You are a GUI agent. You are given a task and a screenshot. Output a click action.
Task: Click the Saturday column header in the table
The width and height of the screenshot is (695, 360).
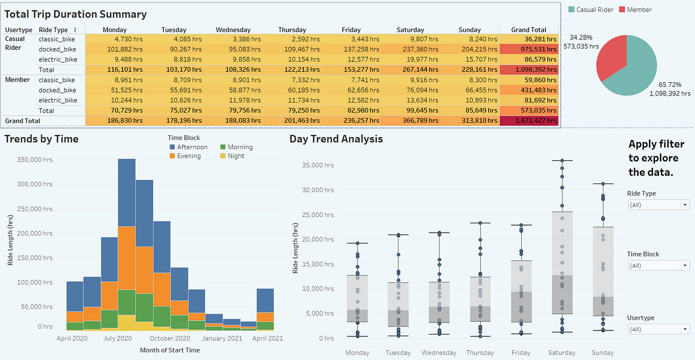coord(410,30)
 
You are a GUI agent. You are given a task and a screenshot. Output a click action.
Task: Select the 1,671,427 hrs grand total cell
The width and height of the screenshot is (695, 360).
coord(529,120)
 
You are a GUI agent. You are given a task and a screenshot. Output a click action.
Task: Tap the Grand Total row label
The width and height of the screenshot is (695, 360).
coord(23,121)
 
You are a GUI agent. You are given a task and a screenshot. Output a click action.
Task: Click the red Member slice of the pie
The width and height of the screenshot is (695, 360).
coord(610,56)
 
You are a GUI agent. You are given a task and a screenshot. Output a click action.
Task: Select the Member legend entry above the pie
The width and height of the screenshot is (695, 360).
coord(635,10)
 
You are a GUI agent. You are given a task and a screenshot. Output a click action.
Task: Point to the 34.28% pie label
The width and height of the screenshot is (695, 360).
coord(581,38)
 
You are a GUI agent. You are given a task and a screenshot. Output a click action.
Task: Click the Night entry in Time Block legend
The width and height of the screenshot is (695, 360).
coord(232,156)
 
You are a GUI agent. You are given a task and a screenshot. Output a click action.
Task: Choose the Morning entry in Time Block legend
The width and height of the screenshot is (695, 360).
coord(236,147)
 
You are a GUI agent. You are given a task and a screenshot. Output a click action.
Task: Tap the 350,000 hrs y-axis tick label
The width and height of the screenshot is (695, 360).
coord(35,160)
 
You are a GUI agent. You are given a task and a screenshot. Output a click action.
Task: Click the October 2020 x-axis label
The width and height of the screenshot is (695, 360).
coord(170,338)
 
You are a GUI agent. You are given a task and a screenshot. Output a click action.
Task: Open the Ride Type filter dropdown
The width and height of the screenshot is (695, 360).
coord(659,205)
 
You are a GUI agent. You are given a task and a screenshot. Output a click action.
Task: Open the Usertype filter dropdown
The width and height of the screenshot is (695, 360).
coord(659,329)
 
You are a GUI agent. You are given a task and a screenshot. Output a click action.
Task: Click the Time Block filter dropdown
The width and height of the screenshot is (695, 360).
coord(659,266)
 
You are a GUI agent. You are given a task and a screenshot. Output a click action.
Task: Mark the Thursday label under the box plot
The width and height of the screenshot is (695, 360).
coord(480,352)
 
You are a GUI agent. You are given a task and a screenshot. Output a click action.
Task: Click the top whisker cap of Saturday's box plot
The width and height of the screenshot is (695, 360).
coord(562,160)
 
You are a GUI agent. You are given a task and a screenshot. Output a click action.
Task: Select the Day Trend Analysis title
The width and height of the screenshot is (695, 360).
coord(336,139)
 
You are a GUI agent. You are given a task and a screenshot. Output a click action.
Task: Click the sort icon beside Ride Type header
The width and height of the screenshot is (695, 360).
coord(75,30)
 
